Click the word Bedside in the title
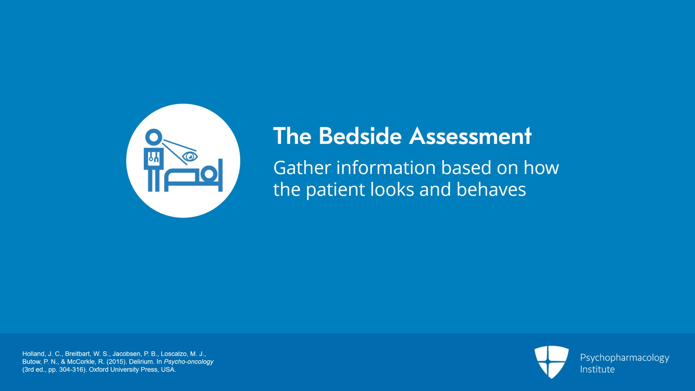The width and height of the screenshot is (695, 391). tap(360, 136)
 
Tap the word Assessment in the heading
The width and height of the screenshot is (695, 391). tap(470, 136)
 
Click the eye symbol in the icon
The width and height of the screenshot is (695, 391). tap(190, 156)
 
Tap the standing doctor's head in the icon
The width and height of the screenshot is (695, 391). tap(153, 137)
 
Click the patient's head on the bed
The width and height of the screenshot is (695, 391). tap(209, 174)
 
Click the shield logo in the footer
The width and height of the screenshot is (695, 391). tap(551, 361)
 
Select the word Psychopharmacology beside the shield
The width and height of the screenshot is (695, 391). tap(624, 358)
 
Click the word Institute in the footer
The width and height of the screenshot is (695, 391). tap(597, 369)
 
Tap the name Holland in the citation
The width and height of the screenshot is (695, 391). tap(33, 354)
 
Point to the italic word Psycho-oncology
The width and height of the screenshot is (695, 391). tap(189, 362)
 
